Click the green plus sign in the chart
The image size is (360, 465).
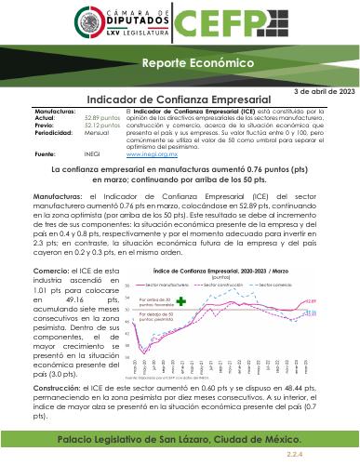[x=182, y=301]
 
